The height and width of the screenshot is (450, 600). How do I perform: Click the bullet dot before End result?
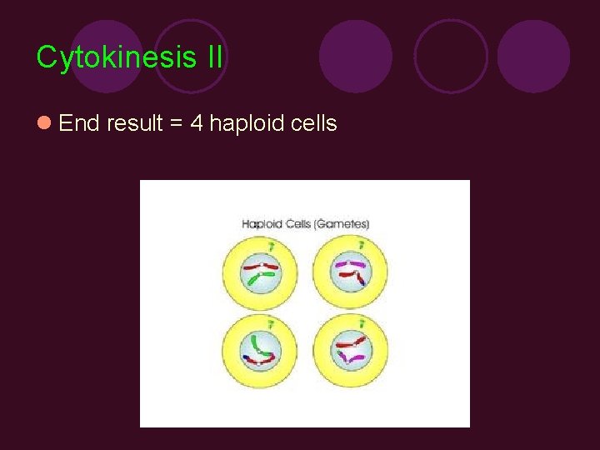tap(44, 123)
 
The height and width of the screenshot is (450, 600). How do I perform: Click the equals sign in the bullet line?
tap(177, 124)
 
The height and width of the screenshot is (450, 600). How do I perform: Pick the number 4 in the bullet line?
tap(197, 123)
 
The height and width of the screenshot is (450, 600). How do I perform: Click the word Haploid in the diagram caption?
tap(262, 223)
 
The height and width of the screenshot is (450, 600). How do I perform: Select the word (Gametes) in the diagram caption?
tap(342, 223)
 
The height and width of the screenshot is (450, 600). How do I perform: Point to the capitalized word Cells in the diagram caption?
tap(298, 223)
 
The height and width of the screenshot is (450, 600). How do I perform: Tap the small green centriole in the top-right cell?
tap(361, 245)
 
